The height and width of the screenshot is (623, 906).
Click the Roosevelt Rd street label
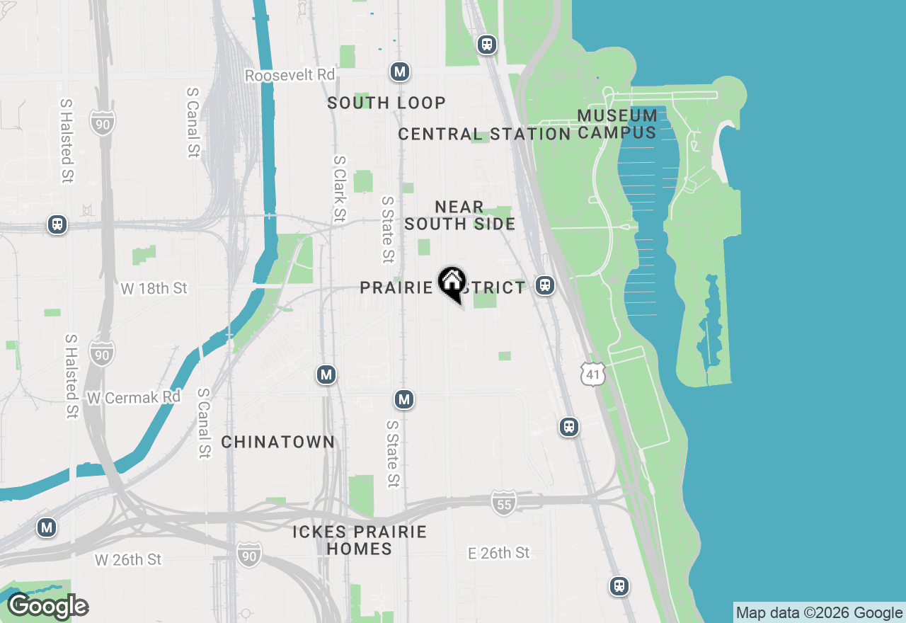(x=289, y=75)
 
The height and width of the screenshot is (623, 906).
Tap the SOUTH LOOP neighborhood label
(x=386, y=103)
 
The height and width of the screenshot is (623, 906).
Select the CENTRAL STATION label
(x=484, y=134)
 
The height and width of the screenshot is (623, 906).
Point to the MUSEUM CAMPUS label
(x=617, y=124)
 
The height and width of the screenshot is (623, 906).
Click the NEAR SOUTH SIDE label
(x=460, y=215)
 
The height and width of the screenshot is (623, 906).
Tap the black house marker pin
(x=452, y=283)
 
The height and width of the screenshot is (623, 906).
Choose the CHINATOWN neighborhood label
(x=277, y=442)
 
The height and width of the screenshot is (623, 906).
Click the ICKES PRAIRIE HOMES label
(x=360, y=540)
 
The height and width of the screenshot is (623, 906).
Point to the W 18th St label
(x=154, y=288)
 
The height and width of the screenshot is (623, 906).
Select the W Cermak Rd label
(x=133, y=398)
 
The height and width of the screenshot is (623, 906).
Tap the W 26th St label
(x=128, y=560)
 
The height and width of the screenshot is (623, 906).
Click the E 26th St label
(x=498, y=553)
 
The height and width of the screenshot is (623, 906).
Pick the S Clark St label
(x=340, y=188)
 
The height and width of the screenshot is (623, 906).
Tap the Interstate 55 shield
(x=503, y=503)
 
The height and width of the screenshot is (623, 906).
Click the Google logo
(x=48, y=607)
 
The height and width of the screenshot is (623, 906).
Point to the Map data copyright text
(x=819, y=613)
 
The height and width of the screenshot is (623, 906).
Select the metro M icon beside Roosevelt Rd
(x=400, y=72)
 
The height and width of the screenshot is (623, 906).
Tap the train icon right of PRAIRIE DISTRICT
(x=544, y=285)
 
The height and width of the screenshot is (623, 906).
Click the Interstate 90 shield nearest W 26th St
(x=248, y=554)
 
